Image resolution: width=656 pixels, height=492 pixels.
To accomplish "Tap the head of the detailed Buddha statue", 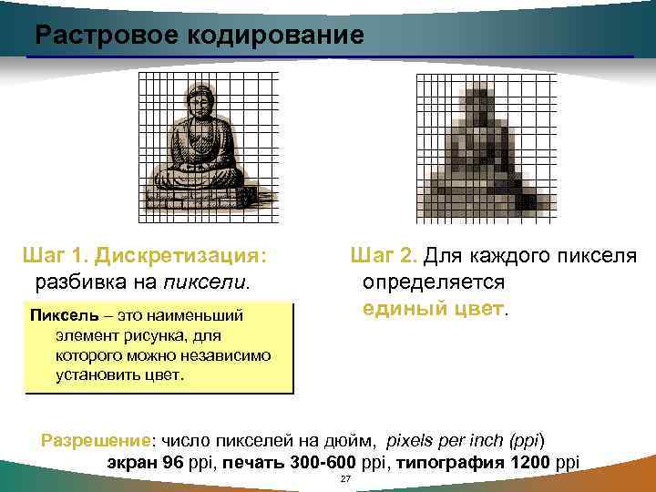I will click(197, 97).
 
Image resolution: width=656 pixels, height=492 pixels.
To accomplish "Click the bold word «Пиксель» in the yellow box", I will click(59, 316).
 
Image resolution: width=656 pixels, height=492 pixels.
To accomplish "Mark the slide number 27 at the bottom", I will click(344, 479).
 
